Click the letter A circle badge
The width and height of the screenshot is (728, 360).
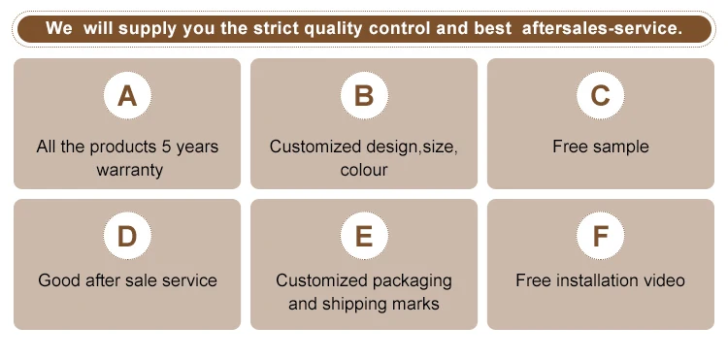[x=127, y=95]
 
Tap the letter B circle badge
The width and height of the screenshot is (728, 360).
[x=364, y=95]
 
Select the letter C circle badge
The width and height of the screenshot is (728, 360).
[x=600, y=95]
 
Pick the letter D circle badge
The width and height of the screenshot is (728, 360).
[x=127, y=236]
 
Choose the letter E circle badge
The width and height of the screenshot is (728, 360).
[x=364, y=236]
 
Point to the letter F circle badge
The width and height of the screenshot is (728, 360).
[x=600, y=236]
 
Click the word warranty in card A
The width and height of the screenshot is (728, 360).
[x=129, y=170]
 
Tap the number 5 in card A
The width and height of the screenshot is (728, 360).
[x=167, y=147]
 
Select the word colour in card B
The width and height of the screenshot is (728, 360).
[x=364, y=170]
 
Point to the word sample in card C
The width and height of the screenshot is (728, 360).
[x=619, y=147]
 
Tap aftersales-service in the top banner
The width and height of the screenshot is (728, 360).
[x=603, y=28]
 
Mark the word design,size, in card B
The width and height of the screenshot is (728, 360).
[x=412, y=147]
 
